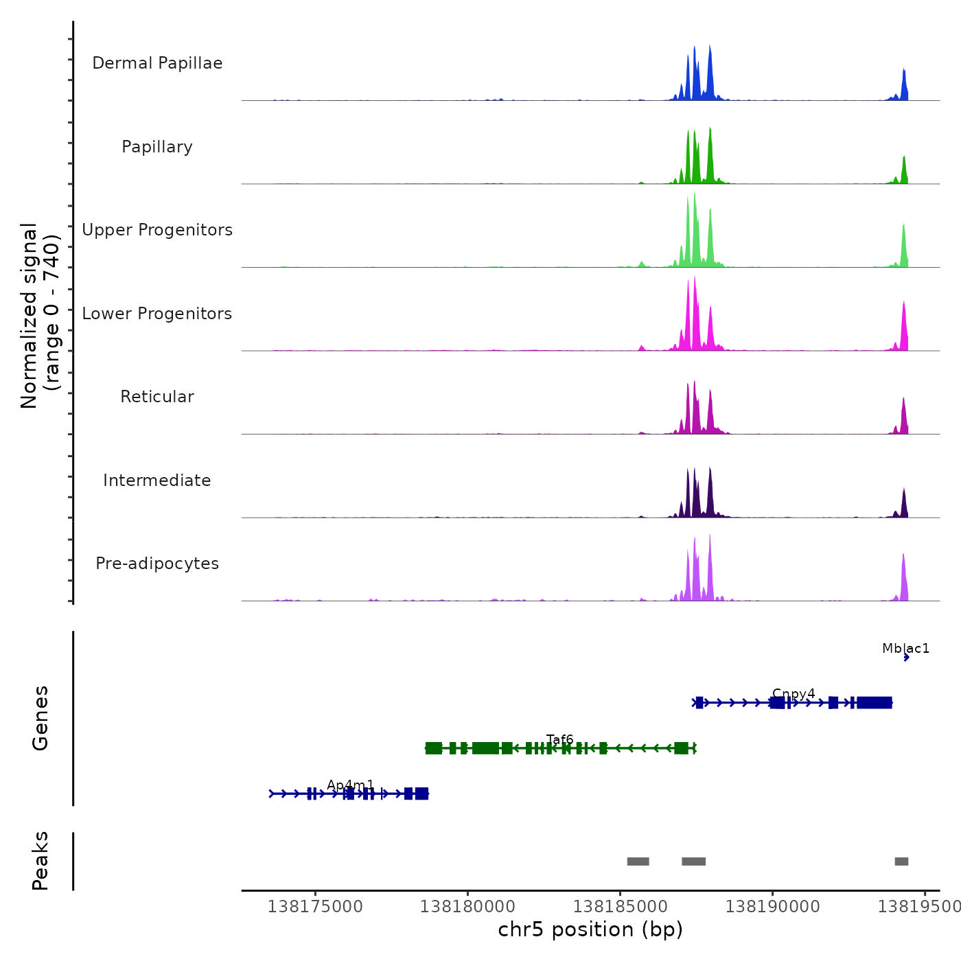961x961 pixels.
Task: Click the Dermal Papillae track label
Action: click(157, 63)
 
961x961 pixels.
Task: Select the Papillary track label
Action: click(157, 147)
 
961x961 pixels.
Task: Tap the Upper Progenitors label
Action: click(157, 230)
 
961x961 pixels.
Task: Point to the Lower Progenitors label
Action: click(157, 314)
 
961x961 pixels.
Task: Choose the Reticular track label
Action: click(157, 397)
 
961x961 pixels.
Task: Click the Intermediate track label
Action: click(157, 480)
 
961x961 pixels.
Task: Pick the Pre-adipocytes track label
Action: click(157, 564)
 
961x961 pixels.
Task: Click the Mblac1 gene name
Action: click(905, 649)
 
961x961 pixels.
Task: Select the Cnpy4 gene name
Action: click(794, 694)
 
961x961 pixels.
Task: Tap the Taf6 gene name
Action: click(559, 739)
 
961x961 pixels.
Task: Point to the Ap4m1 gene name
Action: click(351, 785)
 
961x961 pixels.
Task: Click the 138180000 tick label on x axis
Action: click(467, 907)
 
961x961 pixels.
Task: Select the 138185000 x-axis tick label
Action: click(620, 907)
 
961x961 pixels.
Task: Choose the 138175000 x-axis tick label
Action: click(315, 907)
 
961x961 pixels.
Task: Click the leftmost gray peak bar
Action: click(638, 861)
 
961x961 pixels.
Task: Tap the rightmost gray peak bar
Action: click(901, 861)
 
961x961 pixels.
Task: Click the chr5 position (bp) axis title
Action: click(590, 929)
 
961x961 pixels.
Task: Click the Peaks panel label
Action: click(40, 861)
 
